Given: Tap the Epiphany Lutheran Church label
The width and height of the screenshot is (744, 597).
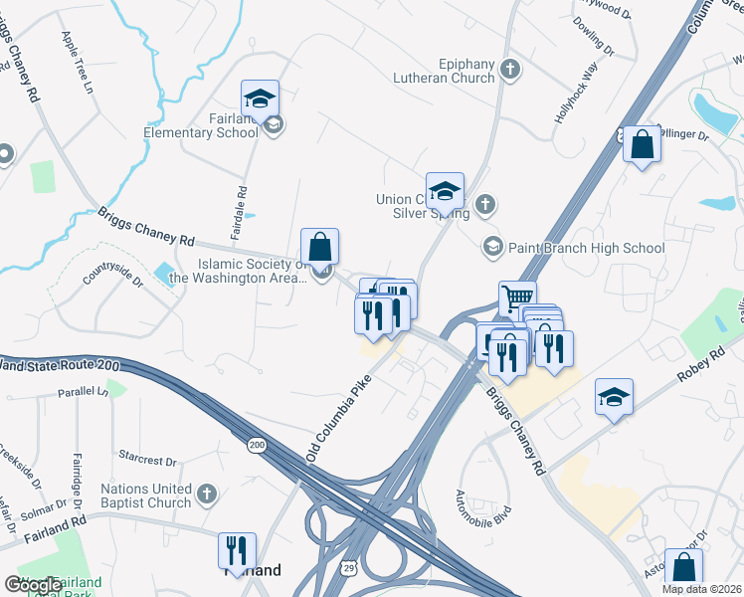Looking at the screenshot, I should [x=444, y=71].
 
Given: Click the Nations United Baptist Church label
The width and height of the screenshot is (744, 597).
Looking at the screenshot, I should [x=145, y=496].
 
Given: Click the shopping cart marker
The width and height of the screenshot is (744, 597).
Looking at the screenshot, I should [x=517, y=298].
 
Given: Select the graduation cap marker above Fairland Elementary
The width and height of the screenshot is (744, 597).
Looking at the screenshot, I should [x=260, y=99].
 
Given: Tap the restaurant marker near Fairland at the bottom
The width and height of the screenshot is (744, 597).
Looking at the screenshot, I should [x=237, y=550].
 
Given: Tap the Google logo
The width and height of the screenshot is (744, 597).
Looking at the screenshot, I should [x=33, y=586].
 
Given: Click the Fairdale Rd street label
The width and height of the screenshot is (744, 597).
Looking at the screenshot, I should [x=242, y=203].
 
